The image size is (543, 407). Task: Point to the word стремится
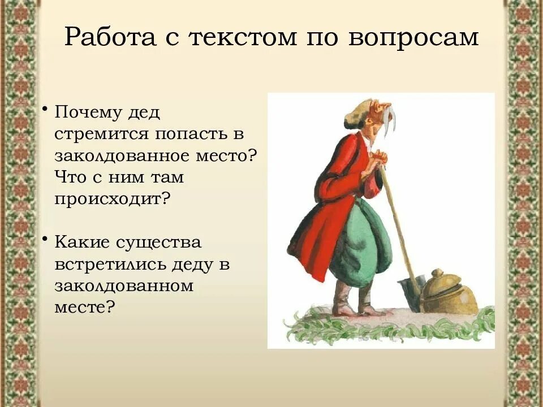pyautogui.click(x=98, y=134)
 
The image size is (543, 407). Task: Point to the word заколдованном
pyautogui.click(x=124, y=285)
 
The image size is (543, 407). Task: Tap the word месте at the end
pyautogui.click(x=84, y=307)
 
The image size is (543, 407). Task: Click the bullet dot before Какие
pyautogui.click(x=45, y=239)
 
